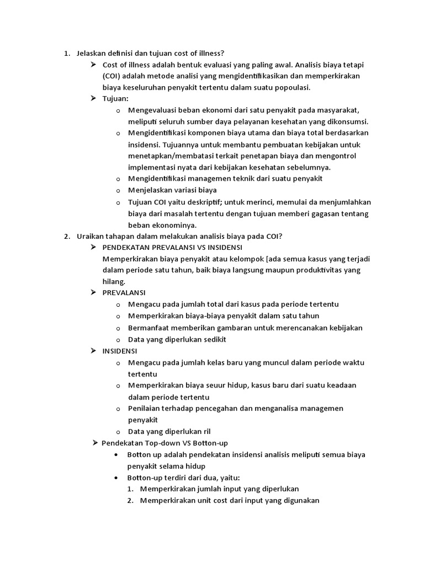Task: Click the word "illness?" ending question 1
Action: click(210, 54)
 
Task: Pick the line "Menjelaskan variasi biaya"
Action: click(172, 190)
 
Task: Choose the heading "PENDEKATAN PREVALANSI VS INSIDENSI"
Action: click(172, 247)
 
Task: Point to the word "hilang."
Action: click(114, 281)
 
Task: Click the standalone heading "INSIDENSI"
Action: click(120, 350)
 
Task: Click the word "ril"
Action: click(205, 431)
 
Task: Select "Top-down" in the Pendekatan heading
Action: click(163, 443)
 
